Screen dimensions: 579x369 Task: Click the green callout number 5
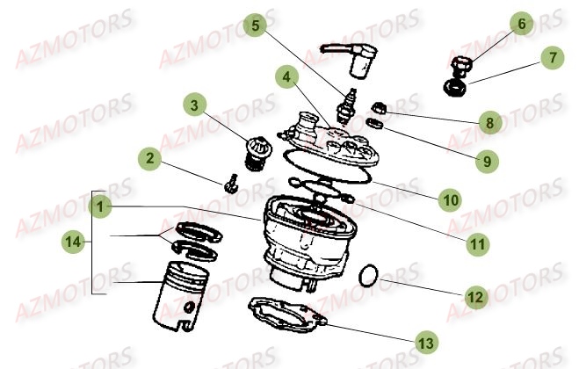pos(255,25)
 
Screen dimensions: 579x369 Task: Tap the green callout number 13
pos(426,343)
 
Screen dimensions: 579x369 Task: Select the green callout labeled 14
pos(73,242)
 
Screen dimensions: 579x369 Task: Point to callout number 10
pos(450,199)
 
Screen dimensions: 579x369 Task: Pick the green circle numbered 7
pos(553,58)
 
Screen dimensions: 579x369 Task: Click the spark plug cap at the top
pos(350,60)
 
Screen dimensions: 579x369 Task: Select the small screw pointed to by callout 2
pos(230,184)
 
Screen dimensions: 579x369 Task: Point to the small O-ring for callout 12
pos(368,275)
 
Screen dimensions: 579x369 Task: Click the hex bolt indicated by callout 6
pos(461,65)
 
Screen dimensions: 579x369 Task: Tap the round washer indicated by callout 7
pos(454,88)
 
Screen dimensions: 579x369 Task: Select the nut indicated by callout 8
pos(379,108)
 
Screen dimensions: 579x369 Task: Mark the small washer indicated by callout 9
pos(374,123)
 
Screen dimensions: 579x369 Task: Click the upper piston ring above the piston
pos(199,232)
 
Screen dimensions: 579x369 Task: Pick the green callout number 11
pos(477,243)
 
